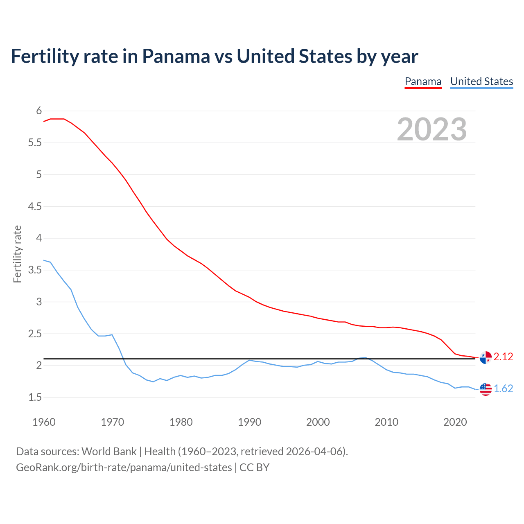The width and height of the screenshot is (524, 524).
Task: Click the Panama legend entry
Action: click(x=423, y=82)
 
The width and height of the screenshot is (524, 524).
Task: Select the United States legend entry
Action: click(x=481, y=82)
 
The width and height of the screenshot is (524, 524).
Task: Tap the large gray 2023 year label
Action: click(x=432, y=129)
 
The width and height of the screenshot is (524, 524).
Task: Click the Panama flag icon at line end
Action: click(x=486, y=357)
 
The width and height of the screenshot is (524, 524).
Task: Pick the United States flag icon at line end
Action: click(x=486, y=389)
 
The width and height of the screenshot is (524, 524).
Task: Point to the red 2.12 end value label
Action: click(x=503, y=357)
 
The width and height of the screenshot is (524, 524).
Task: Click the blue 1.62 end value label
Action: click(x=503, y=389)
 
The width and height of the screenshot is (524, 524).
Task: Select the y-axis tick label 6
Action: click(x=39, y=111)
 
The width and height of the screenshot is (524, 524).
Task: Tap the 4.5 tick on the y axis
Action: click(x=35, y=207)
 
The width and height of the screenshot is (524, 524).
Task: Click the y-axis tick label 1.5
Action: click(x=35, y=398)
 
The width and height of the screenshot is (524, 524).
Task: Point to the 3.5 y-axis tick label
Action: click(x=35, y=270)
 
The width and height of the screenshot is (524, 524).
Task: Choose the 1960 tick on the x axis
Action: click(x=44, y=422)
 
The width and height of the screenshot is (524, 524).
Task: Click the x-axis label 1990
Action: click(x=249, y=422)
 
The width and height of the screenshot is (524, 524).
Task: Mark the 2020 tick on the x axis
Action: click(x=455, y=422)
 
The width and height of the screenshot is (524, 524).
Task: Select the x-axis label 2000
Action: click(x=318, y=422)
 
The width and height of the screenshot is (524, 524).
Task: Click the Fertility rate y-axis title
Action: click(x=17, y=254)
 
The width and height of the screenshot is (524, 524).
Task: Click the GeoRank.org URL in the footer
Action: click(x=124, y=468)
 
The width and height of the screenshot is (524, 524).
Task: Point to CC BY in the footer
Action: click(x=254, y=468)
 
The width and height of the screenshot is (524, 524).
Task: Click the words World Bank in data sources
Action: click(x=109, y=452)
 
